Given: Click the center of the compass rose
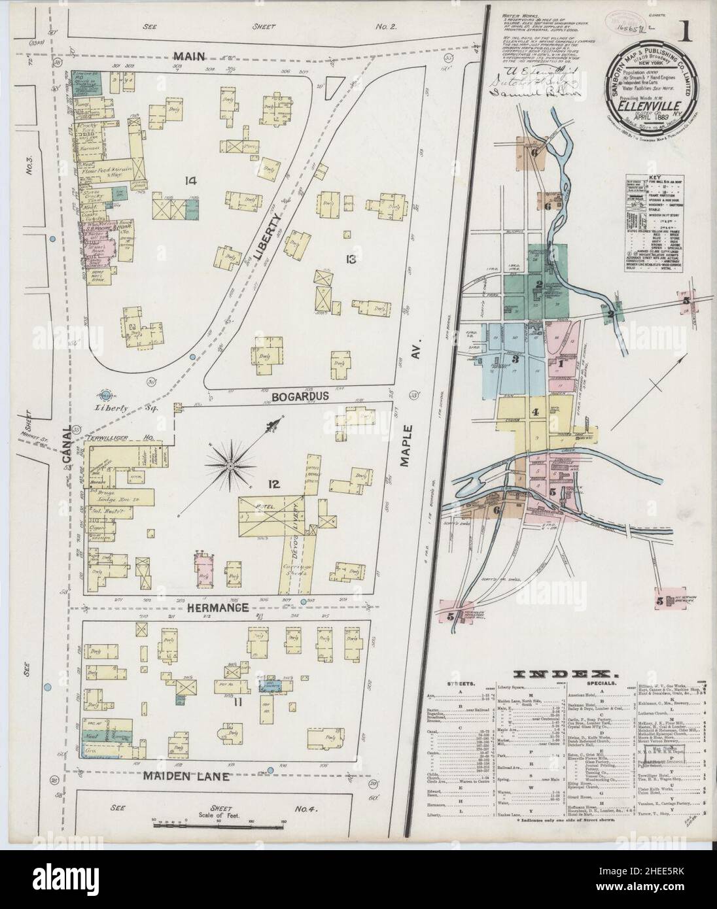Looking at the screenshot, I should point(230,466).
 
